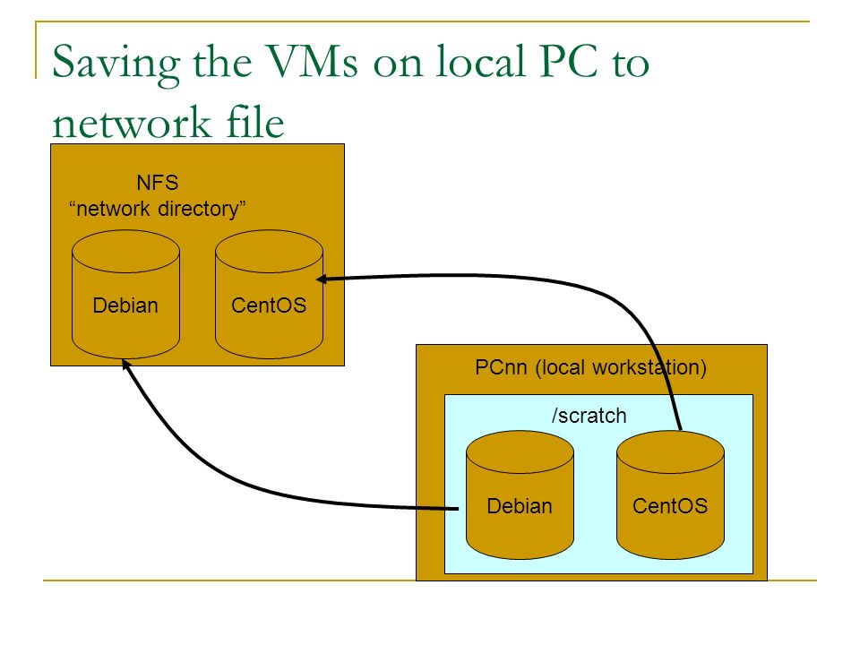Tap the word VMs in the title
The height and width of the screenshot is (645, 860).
click(x=313, y=60)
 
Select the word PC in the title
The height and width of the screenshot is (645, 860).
click(x=568, y=60)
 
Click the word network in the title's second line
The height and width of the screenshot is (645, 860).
click(x=132, y=123)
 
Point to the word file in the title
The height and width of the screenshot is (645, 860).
click(x=255, y=120)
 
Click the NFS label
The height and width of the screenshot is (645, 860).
click(x=158, y=183)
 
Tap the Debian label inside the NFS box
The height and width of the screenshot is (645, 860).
click(x=125, y=305)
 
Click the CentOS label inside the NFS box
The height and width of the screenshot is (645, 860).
click(x=269, y=305)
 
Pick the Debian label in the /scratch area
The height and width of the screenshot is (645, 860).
click(x=520, y=506)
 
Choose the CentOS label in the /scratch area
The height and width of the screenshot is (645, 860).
click(x=670, y=506)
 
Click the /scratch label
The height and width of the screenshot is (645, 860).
click(x=589, y=416)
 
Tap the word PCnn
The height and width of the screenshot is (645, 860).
click(x=501, y=367)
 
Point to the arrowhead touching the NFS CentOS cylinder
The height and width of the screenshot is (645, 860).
click(x=322, y=279)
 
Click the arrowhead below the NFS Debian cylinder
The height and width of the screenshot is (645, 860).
click(x=125, y=365)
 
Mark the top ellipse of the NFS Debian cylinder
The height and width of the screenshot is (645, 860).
click(x=125, y=252)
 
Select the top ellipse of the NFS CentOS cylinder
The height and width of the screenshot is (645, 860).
click(x=270, y=252)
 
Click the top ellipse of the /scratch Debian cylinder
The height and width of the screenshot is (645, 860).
click(x=520, y=452)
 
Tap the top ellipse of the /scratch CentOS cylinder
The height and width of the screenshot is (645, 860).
click(x=671, y=452)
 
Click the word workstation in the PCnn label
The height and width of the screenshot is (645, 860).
click(x=645, y=367)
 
